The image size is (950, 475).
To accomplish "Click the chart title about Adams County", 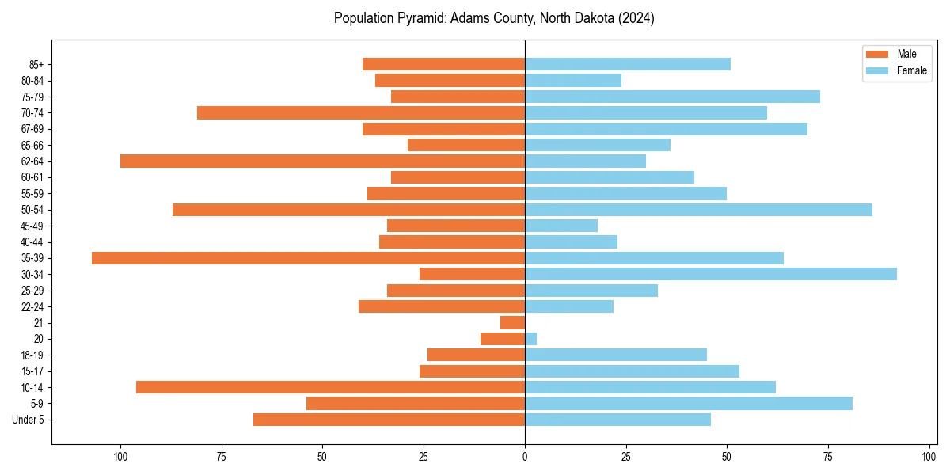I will click(494, 18).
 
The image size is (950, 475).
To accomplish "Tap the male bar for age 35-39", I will click(308, 258).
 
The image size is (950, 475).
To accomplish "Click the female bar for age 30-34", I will click(710, 274).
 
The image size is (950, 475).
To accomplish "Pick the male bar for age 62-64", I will click(322, 161).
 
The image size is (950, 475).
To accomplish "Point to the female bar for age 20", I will click(530, 339).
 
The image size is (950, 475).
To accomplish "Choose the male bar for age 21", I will click(512, 323).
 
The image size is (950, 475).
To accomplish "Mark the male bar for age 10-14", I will click(330, 387).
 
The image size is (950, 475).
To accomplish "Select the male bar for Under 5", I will click(389, 420).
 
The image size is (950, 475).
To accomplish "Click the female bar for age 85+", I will click(627, 64).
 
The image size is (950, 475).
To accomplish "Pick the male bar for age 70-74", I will click(361, 112).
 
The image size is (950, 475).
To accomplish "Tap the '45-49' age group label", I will click(32, 226).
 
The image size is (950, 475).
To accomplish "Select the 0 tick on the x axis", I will click(525, 457).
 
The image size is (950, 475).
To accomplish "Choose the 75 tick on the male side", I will click(222, 457).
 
